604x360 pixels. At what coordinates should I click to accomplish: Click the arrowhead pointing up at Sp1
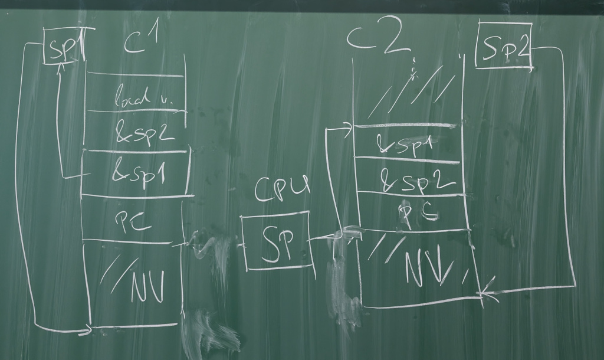60,67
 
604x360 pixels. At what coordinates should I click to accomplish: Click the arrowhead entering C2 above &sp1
349,126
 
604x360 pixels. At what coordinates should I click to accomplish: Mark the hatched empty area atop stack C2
413,91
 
